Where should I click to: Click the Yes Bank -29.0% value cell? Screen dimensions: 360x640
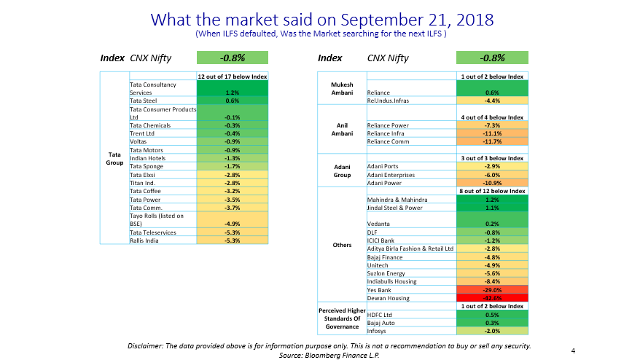(492, 289)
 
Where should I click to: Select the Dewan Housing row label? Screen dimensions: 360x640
(389, 297)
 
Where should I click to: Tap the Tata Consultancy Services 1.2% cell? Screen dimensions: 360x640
(233, 93)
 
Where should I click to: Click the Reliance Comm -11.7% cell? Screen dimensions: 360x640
(492, 141)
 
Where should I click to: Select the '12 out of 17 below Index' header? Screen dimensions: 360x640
(233, 76)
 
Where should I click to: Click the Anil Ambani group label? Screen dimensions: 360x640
(342, 129)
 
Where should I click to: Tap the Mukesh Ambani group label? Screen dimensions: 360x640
(342, 88)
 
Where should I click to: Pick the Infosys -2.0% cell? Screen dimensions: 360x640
(492, 330)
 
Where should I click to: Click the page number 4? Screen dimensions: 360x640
(573, 351)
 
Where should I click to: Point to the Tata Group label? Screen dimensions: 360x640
(114, 158)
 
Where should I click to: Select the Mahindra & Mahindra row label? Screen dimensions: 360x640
(397, 199)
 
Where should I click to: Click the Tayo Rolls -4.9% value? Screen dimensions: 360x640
(233, 224)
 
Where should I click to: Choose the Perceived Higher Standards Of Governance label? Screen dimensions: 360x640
(342, 318)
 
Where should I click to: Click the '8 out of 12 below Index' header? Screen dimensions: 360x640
(492, 191)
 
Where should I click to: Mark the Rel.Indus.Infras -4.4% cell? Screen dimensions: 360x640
(492, 101)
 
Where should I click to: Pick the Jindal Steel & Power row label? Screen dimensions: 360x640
(395, 207)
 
